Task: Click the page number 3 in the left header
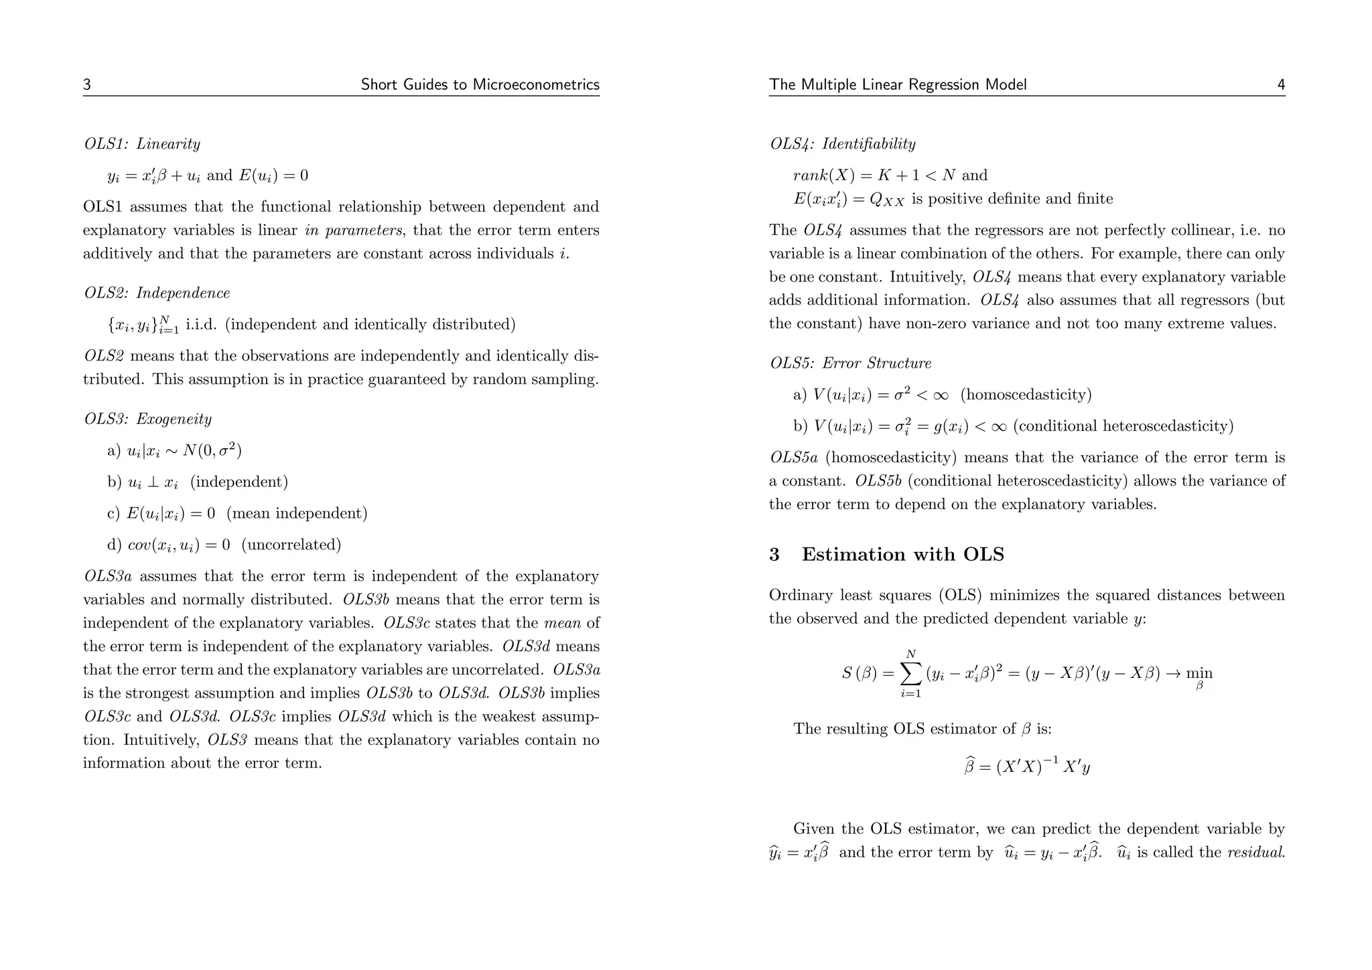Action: coord(87,85)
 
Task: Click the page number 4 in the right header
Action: coord(1281,85)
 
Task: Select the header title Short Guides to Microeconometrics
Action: coord(480,85)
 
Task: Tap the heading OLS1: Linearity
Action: coord(142,144)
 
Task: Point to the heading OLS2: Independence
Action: coord(157,293)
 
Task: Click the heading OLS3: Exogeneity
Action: coord(148,419)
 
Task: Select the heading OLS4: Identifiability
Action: coord(842,144)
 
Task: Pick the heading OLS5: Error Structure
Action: coord(850,363)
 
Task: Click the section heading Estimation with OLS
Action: coord(902,555)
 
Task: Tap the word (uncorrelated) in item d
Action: coord(291,545)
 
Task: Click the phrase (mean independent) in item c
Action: coord(297,514)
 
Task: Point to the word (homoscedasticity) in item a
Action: coord(1026,395)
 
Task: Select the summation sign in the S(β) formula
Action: coord(910,673)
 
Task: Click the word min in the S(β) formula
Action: coord(1198,673)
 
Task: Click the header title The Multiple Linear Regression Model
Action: coord(898,85)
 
